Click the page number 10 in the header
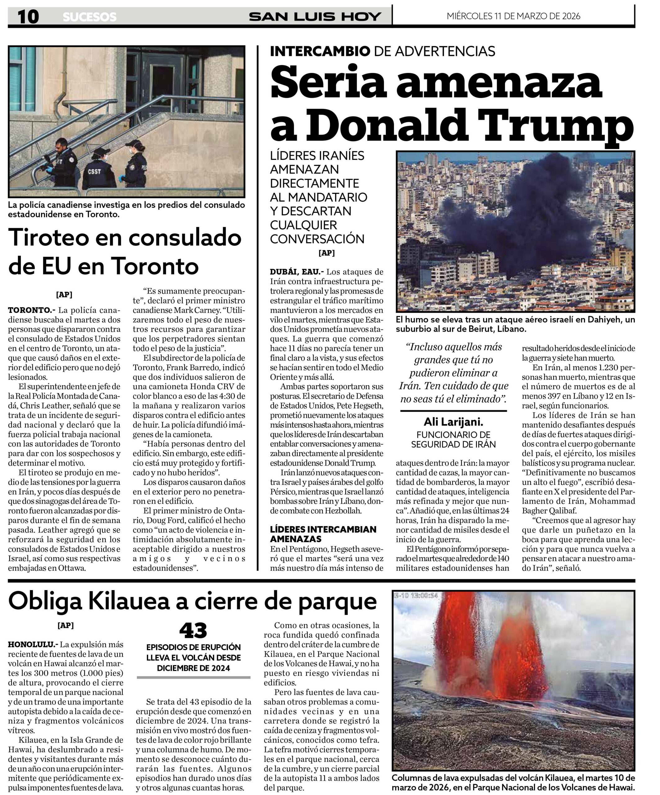pyautogui.click(x=28, y=17)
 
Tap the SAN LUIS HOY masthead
pyautogui.click(x=315, y=17)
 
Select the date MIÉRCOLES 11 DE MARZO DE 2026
pyautogui.click(x=513, y=16)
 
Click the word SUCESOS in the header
pyautogui.click(x=89, y=17)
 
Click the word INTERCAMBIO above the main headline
pyautogui.click(x=320, y=51)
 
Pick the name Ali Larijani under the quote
pyautogui.click(x=453, y=422)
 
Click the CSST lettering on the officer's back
pyautogui.click(x=94, y=171)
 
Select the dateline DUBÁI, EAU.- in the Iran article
pyautogui.click(x=297, y=272)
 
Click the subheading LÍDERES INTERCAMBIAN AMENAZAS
pyautogui.click(x=323, y=534)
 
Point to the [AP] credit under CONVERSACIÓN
pyautogui.click(x=326, y=252)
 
